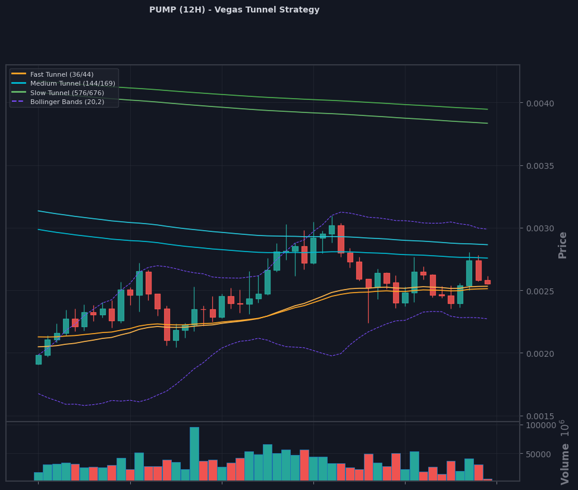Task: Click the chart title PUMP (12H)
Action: [177, 10]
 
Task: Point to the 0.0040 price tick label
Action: [540, 103]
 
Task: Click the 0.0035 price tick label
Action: [540, 166]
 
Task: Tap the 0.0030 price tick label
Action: [540, 228]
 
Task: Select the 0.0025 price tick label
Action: [540, 291]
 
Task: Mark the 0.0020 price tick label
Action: [540, 354]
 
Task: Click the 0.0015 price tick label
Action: [540, 416]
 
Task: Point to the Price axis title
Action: [562, 245]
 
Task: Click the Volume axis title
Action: [564, 464]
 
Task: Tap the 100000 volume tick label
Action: [541, 425]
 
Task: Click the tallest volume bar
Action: [194, 454]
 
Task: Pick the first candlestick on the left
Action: [39, 360]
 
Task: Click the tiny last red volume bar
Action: [488, 480]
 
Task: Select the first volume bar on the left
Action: [39, 476]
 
